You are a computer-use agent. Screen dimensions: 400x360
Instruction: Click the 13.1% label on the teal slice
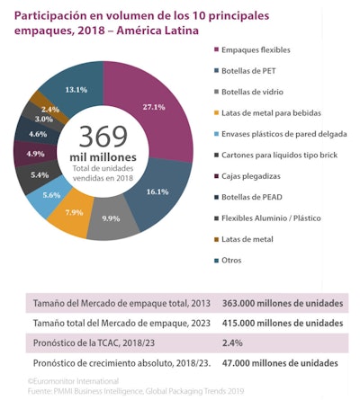pos(76,89)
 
